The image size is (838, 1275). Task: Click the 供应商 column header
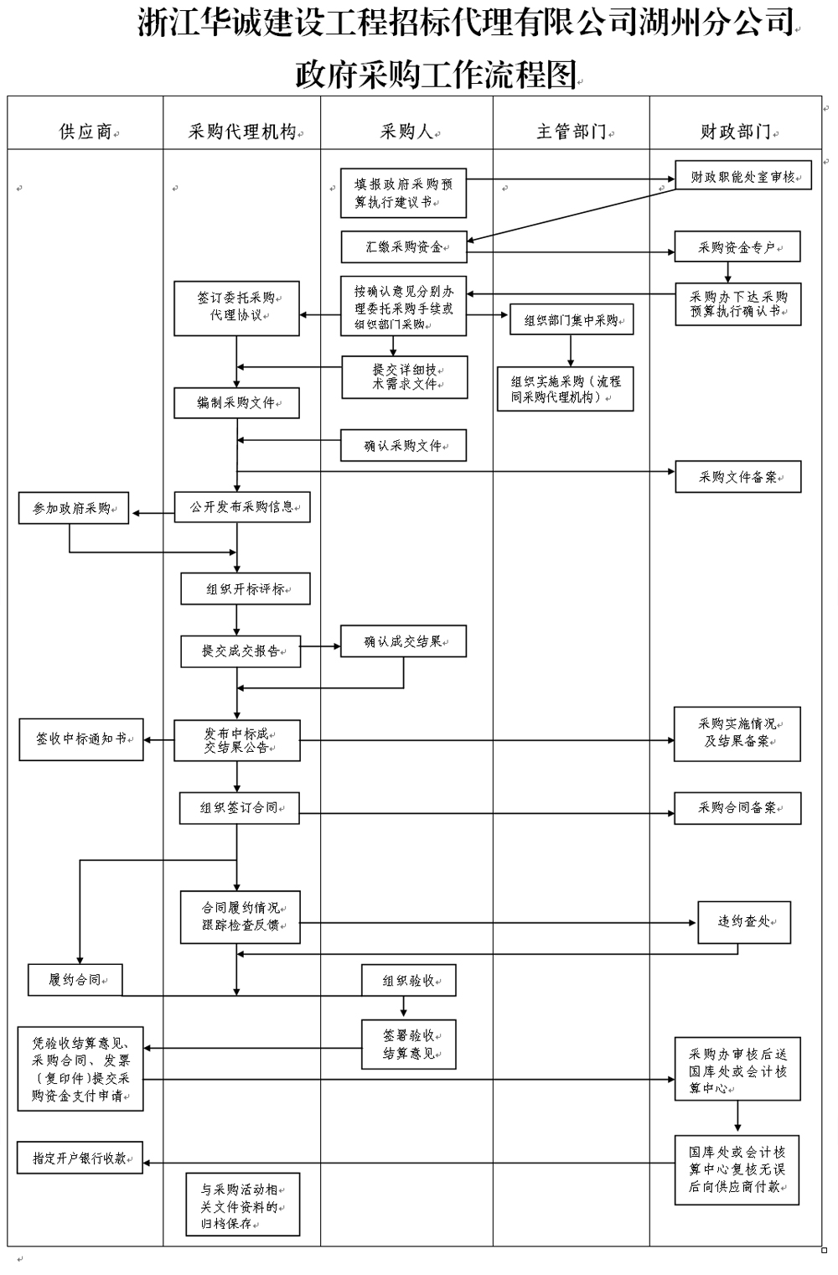pyautogui.click(x=85, y=132)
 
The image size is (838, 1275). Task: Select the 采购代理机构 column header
pyautogui.click(x=241, y=132)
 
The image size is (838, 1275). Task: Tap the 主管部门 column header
pyautogui.click(x=571, y=132)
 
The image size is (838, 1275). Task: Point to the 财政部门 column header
pyautogui.click(x=735, y=132)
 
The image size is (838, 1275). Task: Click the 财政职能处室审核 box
pyautogui.click(x=743, y=176)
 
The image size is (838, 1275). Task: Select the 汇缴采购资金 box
pyautogui.click(x=403, y=247)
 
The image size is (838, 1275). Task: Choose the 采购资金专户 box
pyautogui.click(x=737, y=247)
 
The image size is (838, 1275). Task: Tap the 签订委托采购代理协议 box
pyautogui.click(x=236, y=308)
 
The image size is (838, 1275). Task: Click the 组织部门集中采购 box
pyautogui.click(x=571, y=319)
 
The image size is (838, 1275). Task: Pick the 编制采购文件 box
pyautogui.click(x=236, y=402)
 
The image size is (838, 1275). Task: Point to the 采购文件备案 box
pyautogui.click(x=737, y=477)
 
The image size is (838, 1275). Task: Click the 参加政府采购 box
pyautogui.click(x=74, y=508)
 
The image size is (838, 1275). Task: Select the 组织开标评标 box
pyautogui.click(x=246, y=588)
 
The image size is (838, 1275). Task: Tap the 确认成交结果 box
pyautogui.click(x=403, y=641)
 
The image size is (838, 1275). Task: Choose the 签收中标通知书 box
pyautogui.click(x=81, y=739)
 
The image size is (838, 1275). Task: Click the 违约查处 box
pyautogui.click(x=743, y=921)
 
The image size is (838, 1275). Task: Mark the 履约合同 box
pyautogui.click(x=75, y=979)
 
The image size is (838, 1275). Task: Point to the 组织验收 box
pyautogui.click(x=408, y=980)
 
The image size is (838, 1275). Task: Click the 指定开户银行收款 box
pyautogui.click(x=80, y=1158)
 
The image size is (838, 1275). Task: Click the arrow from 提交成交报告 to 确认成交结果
pyautogui.click(x=320, y=646)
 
